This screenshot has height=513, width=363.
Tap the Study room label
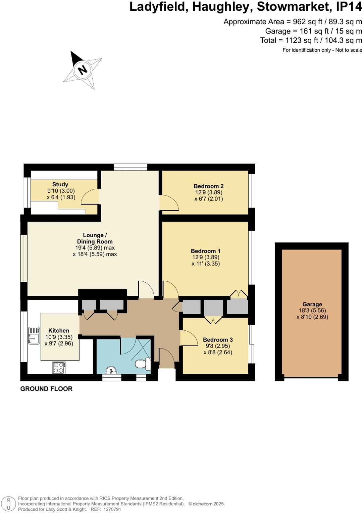point(60,184)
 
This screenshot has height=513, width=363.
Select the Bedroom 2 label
point(208,186)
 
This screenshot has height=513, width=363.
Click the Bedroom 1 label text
point(205,251)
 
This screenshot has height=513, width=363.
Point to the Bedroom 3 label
point(218,339)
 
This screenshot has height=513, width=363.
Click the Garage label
point(312,304)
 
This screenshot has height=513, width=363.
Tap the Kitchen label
point(59,330)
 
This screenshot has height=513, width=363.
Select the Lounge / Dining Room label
point(95,238)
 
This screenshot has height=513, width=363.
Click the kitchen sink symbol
point(34,335)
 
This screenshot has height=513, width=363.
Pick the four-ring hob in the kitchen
point(59,367)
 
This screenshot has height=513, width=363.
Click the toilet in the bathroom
point(142,364)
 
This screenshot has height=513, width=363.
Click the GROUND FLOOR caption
point(46,389)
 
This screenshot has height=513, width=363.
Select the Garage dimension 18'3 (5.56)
point(312,311)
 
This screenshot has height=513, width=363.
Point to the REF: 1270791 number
point(113,509)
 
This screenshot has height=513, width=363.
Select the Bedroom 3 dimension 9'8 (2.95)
point(218,346)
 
